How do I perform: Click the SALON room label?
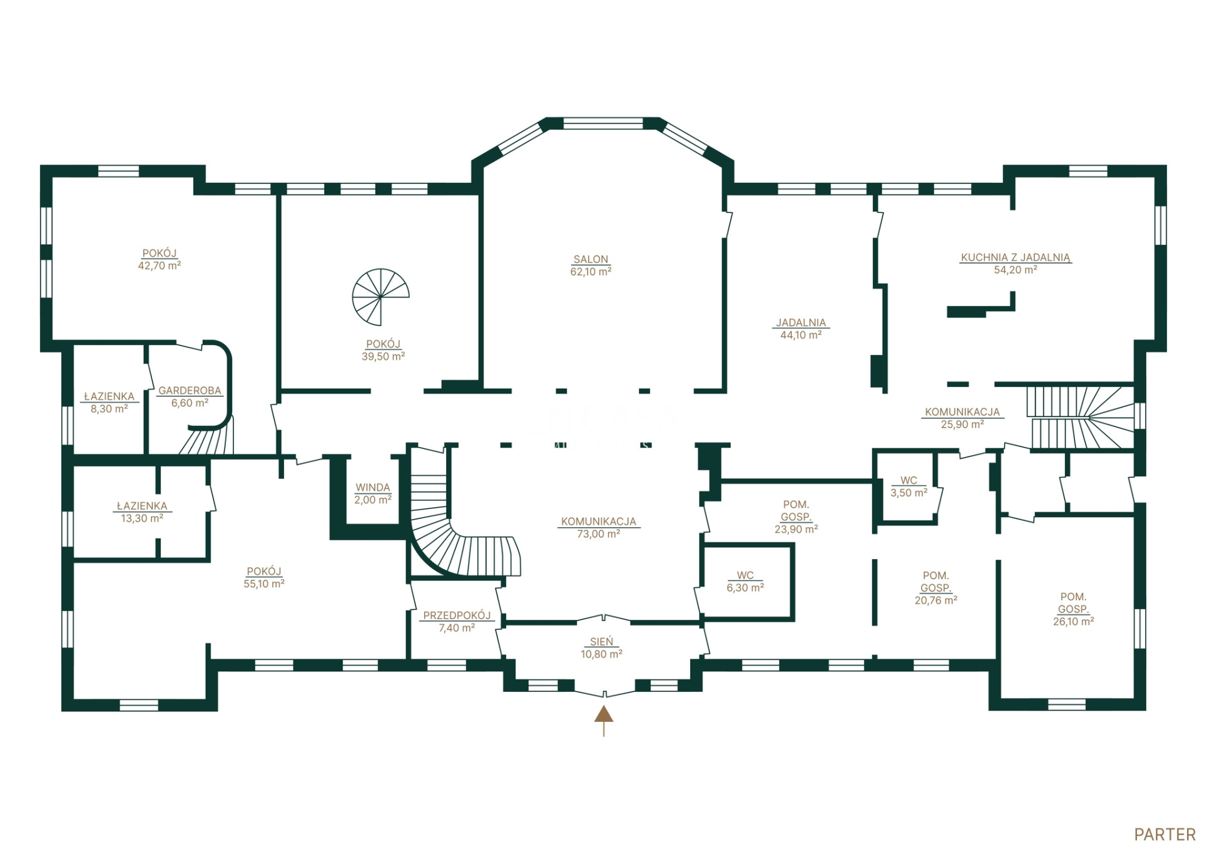[591, 259]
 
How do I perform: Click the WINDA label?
[373, 487]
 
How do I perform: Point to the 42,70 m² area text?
[160, 265]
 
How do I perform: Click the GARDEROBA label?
[190, 391]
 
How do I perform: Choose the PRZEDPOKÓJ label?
[457, 615]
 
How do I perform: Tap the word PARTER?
[1165, 835]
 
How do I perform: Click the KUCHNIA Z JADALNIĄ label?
[1016, 257]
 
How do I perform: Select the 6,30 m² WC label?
[745, 582]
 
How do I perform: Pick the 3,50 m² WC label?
[909, 486]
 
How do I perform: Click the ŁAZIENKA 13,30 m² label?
[142, 512]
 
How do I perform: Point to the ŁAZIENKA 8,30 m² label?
[109, 403]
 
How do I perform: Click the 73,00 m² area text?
[599, 534]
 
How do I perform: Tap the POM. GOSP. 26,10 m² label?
[1073, 609]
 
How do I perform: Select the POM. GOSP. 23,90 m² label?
[797, 517]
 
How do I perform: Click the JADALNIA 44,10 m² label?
[801, 329]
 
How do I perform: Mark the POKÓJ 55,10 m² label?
[264, 577]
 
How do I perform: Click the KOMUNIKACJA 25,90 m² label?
[962, 418]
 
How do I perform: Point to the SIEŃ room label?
[601, 642]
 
